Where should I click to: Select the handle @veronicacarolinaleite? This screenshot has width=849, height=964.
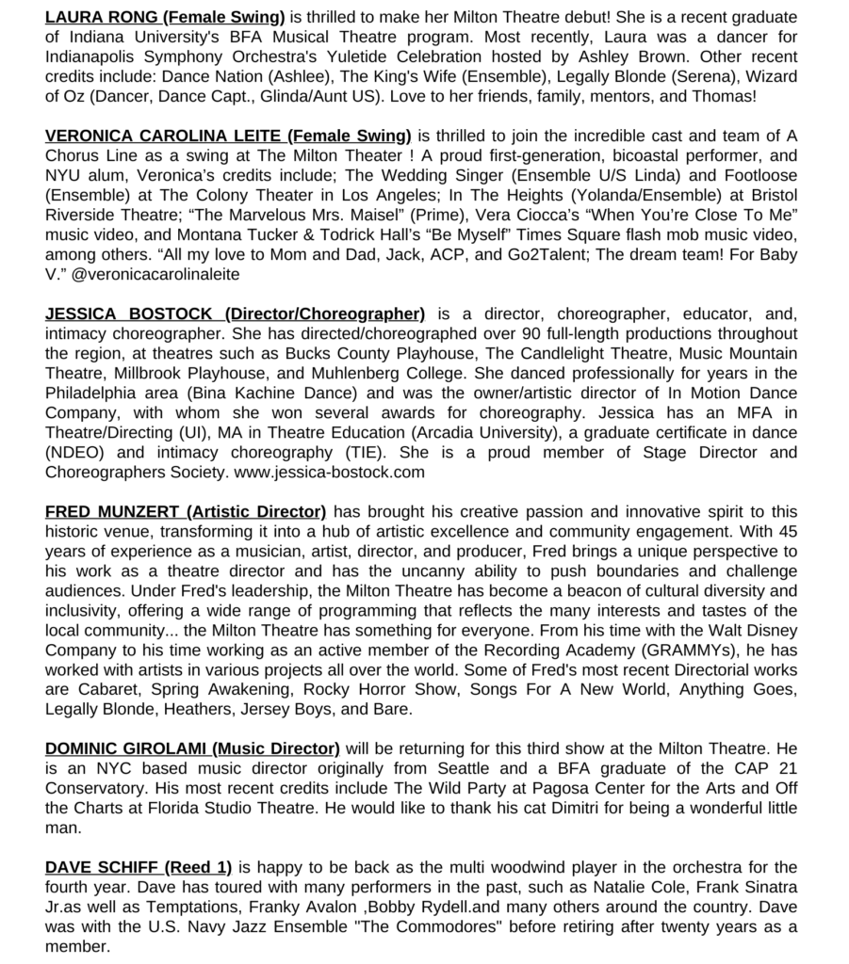click(155, 275)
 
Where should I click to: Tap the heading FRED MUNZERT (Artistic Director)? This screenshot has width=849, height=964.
click(186, 512)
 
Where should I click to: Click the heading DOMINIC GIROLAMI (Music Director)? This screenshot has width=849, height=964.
click(192, 748)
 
